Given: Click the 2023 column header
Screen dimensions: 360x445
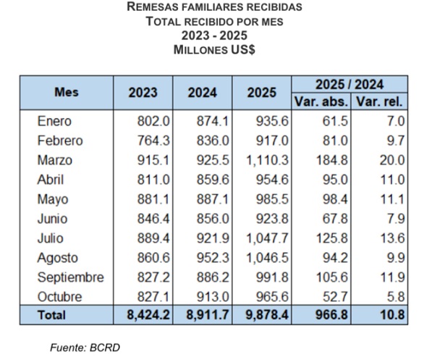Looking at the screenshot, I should pyautogui.click(x=143, y=93).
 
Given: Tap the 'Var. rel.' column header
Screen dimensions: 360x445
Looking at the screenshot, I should pyautogui.click(x=380, y=101).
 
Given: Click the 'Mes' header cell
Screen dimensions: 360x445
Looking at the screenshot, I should pyautogui.click(x=67, y=93).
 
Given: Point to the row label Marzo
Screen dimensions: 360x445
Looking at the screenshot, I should pyautogui.click(x=54, y=159).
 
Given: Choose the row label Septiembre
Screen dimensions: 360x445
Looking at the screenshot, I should pyautogui.click(x=70, y=277).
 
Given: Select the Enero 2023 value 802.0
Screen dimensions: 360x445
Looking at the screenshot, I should pyautogui.click(x=153, y=121).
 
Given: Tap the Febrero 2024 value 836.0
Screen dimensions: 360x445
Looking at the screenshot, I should pyautogui.click(x=211, y=141).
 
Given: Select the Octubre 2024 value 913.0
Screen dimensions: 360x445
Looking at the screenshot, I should pyautogui.click(x=211, y=296).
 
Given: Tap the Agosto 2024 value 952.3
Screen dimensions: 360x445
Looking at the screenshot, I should pyautogui.click(x=211, y=257).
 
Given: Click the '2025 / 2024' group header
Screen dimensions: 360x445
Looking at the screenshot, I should pyautogui.click(x=350, y=84).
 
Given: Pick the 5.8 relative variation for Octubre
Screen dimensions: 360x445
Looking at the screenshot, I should pyautogui.click(x=396, y=296).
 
